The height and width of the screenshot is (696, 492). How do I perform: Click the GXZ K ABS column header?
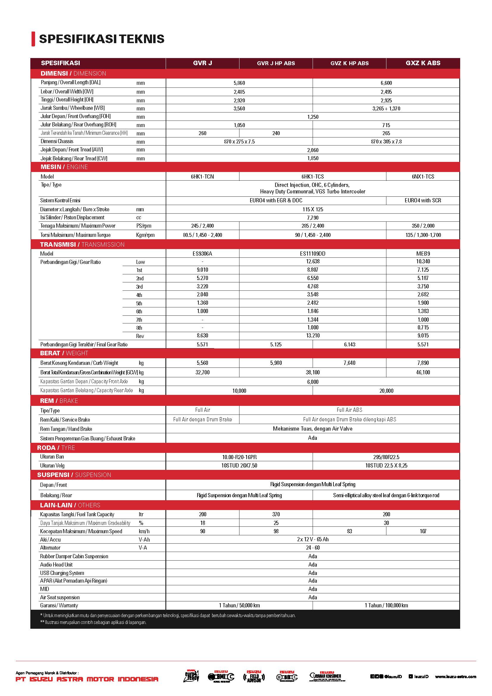pos(423,63)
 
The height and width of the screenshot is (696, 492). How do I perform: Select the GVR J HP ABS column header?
pos(276,63)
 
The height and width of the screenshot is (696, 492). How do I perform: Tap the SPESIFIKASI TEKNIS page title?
pos(102,39)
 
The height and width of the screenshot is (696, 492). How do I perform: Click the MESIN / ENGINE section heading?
pos(64,167)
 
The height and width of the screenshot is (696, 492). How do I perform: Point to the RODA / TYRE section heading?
pos(56,448)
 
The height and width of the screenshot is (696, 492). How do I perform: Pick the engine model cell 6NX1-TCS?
pos(423,176)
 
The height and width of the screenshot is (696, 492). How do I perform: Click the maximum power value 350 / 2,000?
pos(423,226)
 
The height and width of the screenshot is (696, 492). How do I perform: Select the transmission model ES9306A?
pos(202,254)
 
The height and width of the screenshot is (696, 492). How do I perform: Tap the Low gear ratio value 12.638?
pos(313,261)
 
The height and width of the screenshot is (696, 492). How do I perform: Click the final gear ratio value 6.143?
pos(349,344)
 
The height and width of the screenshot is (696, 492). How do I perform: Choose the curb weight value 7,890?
pos(423,363)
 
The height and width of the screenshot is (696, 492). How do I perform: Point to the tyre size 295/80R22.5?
pos(386,457)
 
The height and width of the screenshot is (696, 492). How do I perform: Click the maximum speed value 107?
pos(423,531)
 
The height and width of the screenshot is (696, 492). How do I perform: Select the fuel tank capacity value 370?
pos(276,514)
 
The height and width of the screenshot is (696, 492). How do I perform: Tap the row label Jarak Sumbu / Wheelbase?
pos(73,108)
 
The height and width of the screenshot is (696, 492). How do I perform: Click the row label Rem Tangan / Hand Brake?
pos(66,429)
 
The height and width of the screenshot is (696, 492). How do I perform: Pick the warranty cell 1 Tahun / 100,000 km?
pos(386,605)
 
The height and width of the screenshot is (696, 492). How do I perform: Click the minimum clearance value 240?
pos(276,133)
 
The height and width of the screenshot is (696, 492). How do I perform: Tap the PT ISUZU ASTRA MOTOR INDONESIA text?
pos(87,679)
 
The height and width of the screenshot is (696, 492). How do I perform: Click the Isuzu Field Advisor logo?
pos(254,676)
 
